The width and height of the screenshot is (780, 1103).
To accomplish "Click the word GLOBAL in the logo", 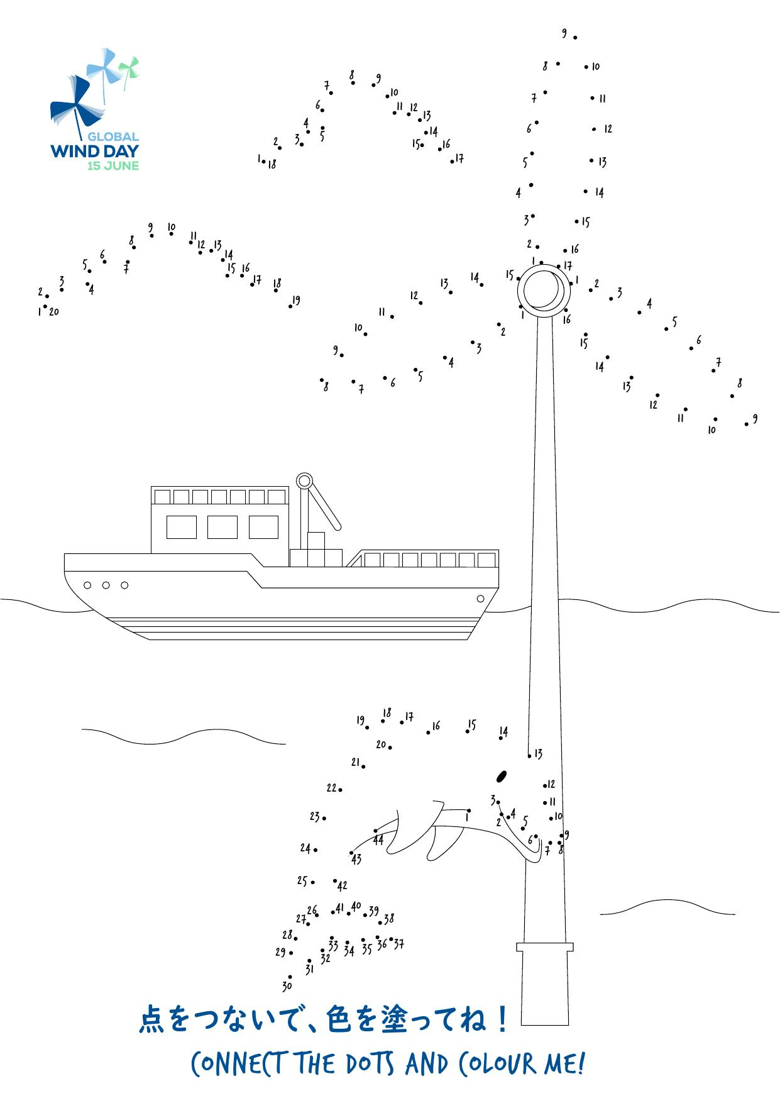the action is click(113, 136).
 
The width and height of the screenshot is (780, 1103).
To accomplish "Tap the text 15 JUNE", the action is click(113, 166).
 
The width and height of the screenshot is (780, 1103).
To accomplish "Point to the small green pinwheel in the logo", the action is click(129, 70).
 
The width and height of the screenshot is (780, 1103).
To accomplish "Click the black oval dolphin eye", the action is click(502, 777).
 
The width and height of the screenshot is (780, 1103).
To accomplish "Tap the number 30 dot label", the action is click(287, 986).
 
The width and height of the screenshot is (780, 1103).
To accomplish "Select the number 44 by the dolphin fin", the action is click(378, 840).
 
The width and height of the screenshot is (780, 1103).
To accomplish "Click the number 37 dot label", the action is click(398, 943).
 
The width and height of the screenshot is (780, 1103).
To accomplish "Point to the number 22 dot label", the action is click(332, 787).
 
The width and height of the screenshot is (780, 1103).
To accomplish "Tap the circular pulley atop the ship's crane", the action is click(304, 482).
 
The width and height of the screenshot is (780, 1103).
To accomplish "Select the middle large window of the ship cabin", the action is click(222, 527).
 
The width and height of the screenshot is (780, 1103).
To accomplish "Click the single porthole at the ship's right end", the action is click(481, 598).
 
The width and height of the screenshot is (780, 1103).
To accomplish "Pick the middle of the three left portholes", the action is click(106, 585).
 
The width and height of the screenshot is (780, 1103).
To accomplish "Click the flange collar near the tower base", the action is click(545, 947).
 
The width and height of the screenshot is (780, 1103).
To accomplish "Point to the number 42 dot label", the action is click(342, 886).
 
